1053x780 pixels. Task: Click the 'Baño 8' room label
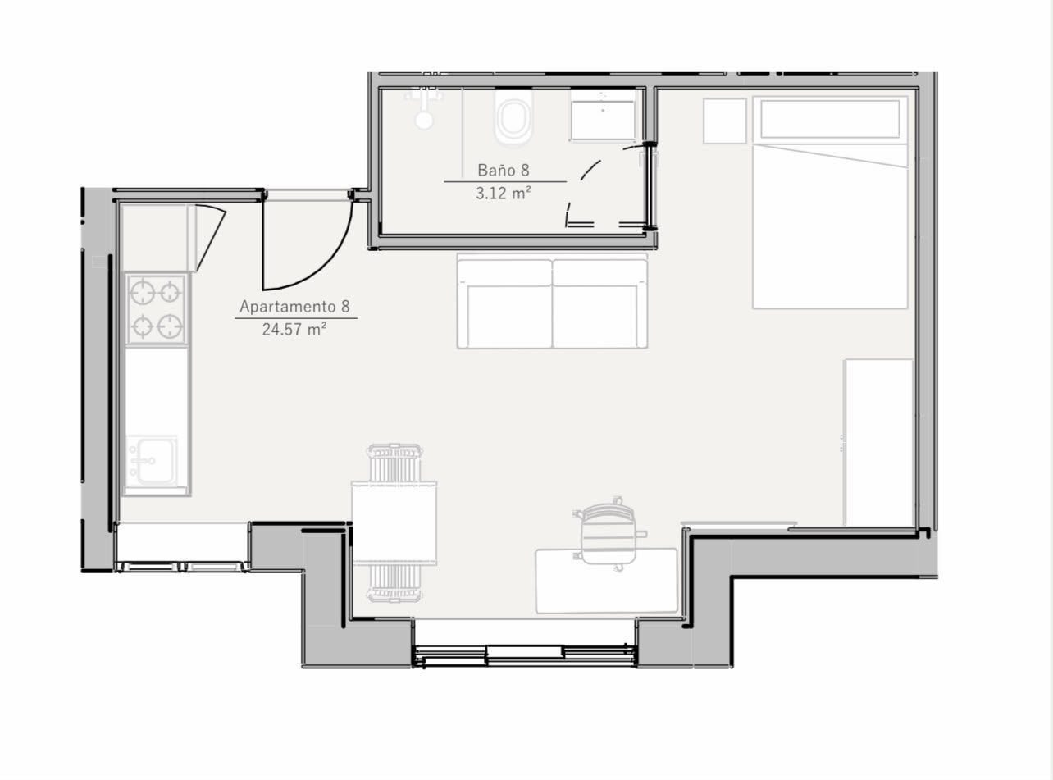click(x=504, y=170)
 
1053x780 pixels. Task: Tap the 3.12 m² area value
click(x=504, y=194)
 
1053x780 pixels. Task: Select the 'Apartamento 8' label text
click(x=294, y=307)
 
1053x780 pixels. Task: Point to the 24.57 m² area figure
click(x=294, y=329)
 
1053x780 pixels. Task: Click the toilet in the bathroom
click(x=513, y=118)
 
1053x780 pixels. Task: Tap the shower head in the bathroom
click(x=424, y=119)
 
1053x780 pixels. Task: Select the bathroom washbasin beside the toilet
click(x=603, y=116)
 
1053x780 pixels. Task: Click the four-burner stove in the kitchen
click(x=156, y=308)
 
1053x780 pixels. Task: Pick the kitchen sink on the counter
click(x=151, y=460)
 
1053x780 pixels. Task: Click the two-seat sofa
click(x=552, y=301)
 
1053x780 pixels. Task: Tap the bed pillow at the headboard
click(x=830, y=119)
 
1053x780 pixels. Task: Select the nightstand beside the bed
click(x=725, y=121)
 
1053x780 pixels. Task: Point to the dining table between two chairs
click(x=394, y=522)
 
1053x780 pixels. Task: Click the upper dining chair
click(x=394, y=463)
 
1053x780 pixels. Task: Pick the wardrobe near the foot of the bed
click(x=879, y=443)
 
